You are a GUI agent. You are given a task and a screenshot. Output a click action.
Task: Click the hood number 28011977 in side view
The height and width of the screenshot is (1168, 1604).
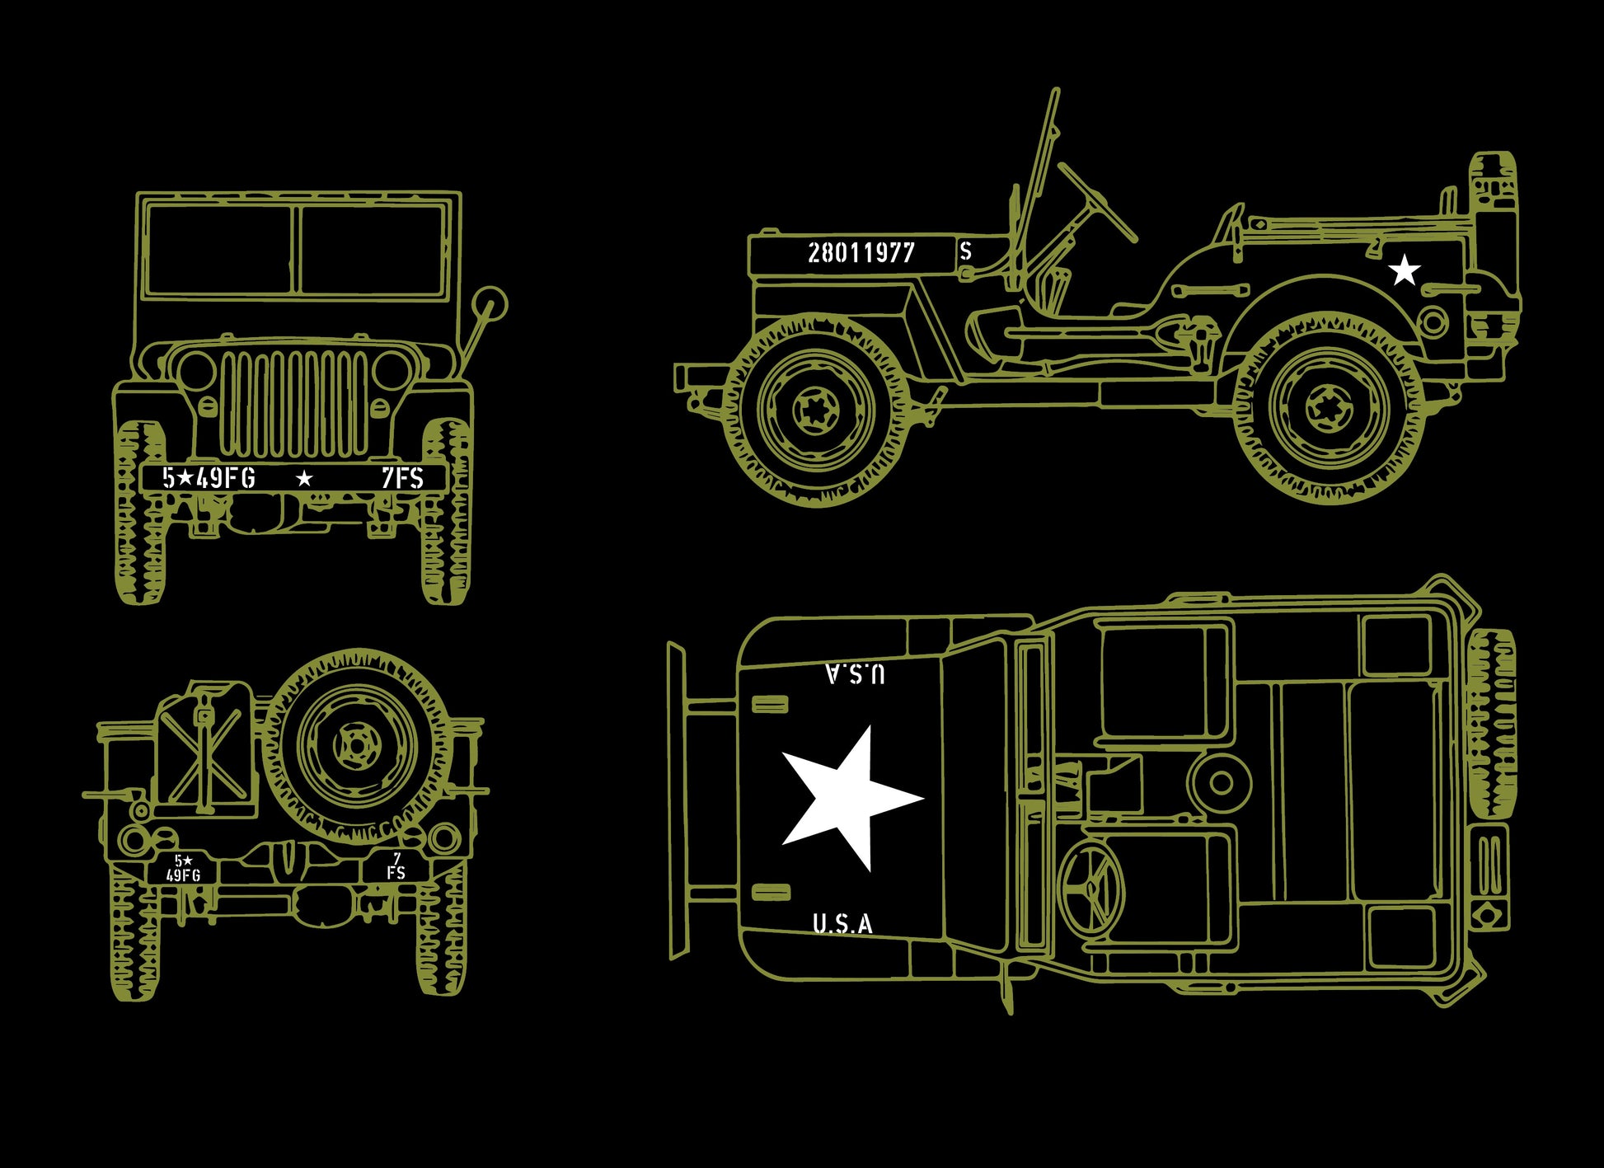click(x=861, y=252)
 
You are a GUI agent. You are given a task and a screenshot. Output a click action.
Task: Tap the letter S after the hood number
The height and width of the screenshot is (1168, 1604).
click(x=966, y=251)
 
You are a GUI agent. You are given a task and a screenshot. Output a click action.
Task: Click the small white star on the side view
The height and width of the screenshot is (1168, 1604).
click(x=1405, y=270)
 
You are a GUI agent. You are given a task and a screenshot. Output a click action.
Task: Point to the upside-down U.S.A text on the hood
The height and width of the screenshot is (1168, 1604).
click(x=856, y=673)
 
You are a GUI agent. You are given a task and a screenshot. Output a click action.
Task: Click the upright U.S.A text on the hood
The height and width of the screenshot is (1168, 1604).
click(x=842, y=924)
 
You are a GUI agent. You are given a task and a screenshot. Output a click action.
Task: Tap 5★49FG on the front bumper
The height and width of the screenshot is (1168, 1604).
click(x=209, y=478)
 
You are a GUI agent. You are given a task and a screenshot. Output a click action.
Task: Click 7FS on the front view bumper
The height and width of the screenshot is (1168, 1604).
click(x=402, y=478)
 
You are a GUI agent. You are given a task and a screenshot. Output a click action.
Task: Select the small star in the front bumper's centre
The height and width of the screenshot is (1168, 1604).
click(x=304, y=478)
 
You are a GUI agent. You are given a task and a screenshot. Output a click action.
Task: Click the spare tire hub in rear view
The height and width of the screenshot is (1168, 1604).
click(x=355, y=746)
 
